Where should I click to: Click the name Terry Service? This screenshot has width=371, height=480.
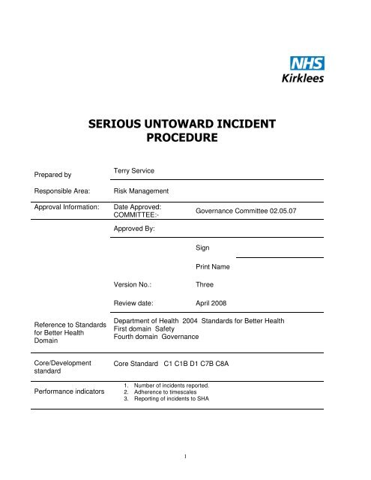coord(138,172)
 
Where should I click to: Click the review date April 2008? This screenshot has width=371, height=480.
coord(213,304)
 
